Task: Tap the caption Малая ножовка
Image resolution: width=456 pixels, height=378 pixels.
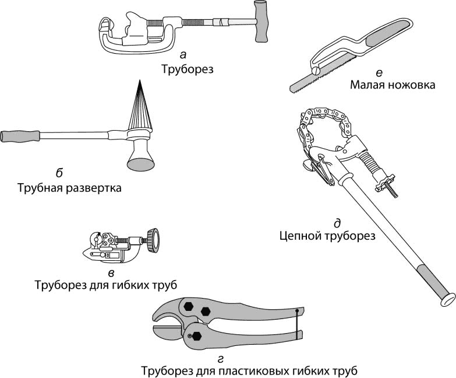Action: click(393, 85)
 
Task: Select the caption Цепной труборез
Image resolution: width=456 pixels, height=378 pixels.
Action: click(326, 236)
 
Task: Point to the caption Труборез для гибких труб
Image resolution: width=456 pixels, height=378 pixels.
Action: click(105, 285)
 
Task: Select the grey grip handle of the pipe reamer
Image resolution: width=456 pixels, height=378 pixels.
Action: click(20, 136)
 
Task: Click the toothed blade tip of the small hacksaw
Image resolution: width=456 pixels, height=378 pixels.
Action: click(294, 87)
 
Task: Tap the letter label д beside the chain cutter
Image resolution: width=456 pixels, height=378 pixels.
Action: click(337, 223)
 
